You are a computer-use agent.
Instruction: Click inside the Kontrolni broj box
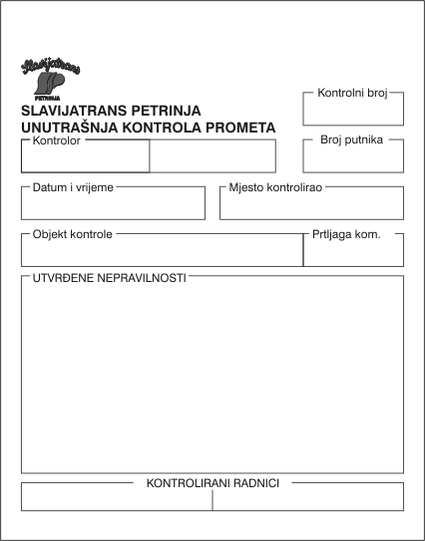click(353, 110)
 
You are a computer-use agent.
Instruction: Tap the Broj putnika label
click(353, 140)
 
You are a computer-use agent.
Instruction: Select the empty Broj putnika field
click(353, 157)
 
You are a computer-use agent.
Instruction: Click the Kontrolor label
click(56, 140)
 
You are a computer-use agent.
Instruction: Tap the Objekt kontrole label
click(72, 234)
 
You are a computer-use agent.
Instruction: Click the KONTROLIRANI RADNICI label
click(212, 483)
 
